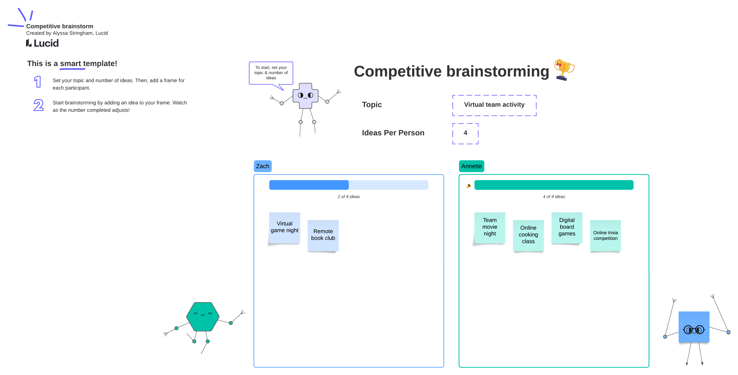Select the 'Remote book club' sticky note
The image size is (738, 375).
click(323, 235)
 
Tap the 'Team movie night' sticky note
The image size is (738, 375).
click(490, 227)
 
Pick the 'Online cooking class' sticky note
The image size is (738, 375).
click(528, 235)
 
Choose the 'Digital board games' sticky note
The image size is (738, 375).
click(567, 227)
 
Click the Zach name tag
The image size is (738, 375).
click(262, 166)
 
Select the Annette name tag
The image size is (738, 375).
click(471, 166)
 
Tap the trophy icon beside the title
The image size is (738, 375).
click(564, 70)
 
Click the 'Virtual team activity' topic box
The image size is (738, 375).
click(494, 105)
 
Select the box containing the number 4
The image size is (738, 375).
click(465, 133)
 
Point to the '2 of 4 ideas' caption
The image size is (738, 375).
click(348, 197)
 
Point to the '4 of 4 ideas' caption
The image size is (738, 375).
click(553, 197)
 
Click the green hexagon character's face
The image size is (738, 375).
click(203, 316)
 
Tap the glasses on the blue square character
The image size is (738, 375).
click(694, 330)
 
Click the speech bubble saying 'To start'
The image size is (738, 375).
click(271, 73)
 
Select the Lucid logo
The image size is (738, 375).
click(42, 43)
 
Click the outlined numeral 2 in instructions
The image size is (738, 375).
click(38, 105)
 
